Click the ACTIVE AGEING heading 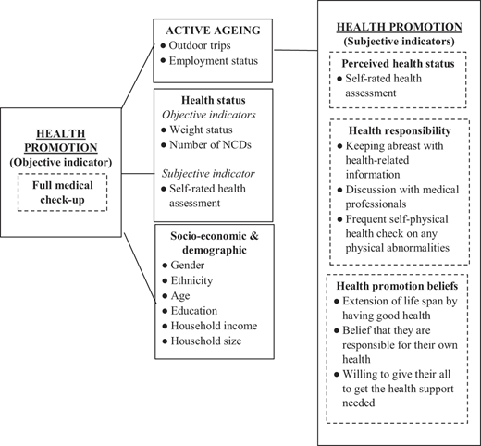213,31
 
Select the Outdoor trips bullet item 196,45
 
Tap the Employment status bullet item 209,61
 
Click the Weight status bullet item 197,130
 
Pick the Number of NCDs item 206,144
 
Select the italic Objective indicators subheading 209,115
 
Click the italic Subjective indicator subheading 208,174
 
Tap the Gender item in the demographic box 183,266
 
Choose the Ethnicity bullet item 188,280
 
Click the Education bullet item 190,311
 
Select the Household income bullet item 210,326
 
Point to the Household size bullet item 202,341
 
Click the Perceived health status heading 398,64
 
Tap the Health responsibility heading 400,130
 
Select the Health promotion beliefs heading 397,286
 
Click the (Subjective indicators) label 400,42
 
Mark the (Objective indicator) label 61,162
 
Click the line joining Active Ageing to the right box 296,50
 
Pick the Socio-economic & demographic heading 215,242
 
